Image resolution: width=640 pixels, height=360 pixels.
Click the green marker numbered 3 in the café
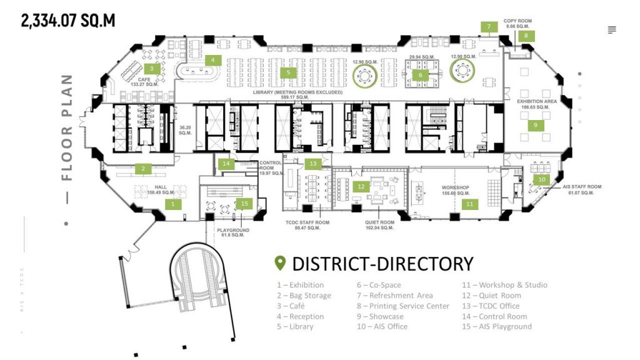tap(151, 68)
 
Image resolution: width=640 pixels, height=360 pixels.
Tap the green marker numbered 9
tap(536, 124)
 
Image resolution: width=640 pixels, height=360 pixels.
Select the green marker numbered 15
tap(244, 203)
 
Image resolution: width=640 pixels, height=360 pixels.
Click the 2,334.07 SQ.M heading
tap(68, 21)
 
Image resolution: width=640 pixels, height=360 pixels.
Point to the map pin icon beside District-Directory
tap(280, 263)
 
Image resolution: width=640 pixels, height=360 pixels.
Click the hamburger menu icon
tap(612, 30)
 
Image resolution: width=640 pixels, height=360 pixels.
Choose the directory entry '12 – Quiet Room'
tap(491, 296)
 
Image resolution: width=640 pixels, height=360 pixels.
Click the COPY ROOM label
tap(518, 21)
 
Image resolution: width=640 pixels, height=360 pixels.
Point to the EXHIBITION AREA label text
tap(536, 101)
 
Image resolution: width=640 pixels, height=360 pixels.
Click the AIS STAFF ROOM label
tap(581, 187)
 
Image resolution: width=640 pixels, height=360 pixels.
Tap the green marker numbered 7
tap(489, 27)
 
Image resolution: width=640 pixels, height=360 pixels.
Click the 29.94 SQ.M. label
tap(421, 57)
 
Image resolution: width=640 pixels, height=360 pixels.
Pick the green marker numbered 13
tap(312, 164)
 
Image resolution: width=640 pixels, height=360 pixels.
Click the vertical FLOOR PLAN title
tap(67, 127)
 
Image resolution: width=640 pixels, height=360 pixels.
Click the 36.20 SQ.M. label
tap(184, 130)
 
